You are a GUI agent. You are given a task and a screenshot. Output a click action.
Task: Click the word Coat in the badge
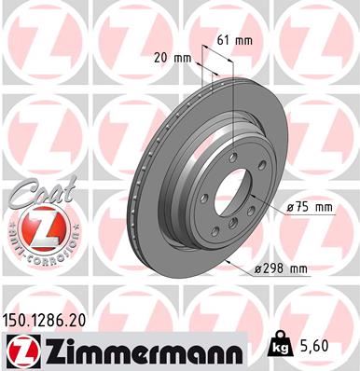30,189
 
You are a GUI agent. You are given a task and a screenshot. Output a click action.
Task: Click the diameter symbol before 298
257,268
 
